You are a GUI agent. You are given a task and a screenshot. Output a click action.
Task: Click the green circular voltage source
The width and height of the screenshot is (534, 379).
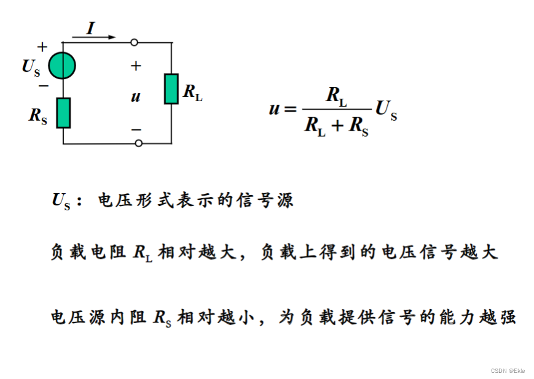click(63, 65)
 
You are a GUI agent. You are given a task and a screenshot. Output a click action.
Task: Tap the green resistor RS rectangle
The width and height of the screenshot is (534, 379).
click(63, 112)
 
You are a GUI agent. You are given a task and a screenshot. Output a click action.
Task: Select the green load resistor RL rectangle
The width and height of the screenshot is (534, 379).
click(171, 89)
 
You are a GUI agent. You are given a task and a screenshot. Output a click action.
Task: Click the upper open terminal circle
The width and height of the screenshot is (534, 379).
click(134, 42)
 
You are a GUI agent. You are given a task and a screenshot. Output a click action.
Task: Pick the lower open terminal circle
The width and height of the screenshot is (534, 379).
click(139, 143)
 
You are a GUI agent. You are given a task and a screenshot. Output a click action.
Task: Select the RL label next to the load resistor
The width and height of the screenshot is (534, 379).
click(192, 93)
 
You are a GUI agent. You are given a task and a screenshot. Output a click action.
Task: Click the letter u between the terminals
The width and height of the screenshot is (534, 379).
click(136, 96)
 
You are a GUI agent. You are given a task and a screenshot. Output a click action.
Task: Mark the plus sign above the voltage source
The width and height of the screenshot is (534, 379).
click(42, 47)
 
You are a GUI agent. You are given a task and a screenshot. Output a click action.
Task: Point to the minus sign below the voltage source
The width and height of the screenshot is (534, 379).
click(43, 86)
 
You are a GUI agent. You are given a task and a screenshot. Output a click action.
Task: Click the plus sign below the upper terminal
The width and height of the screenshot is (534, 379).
click(136, 66)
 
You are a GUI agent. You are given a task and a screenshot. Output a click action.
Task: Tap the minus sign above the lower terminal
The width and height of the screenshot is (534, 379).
click(136, 129)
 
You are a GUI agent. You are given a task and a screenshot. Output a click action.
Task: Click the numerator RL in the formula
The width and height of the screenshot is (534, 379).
click(336, 96)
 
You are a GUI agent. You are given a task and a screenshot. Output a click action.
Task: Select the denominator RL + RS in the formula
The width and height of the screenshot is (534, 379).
click(336, 126)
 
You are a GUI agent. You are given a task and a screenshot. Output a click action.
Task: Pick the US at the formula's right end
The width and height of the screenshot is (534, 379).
click(386, 110)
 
